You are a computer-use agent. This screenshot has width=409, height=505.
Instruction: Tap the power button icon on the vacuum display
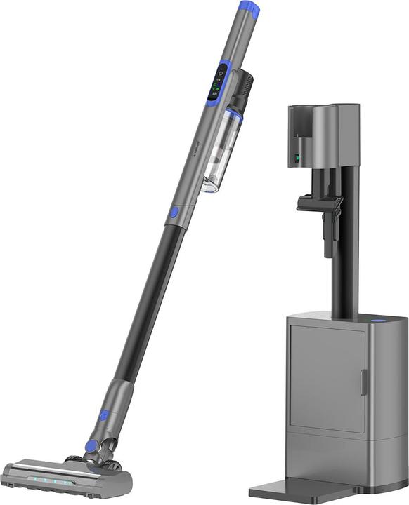pyautogui.click(x=221, y=72)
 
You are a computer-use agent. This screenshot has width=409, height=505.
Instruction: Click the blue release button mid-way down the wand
pyautogui.click(x=173, y=213)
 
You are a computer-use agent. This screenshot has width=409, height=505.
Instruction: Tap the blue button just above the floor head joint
pyautogui.click(x=103, y=416)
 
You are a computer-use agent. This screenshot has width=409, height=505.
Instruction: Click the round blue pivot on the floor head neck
pyautogui.click(x=90, y=446)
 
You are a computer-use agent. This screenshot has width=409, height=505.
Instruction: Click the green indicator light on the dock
pyautogui.click(x=297, y=159)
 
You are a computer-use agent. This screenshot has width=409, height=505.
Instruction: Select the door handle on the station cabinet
pyautogui.click(x=363, y=383)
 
